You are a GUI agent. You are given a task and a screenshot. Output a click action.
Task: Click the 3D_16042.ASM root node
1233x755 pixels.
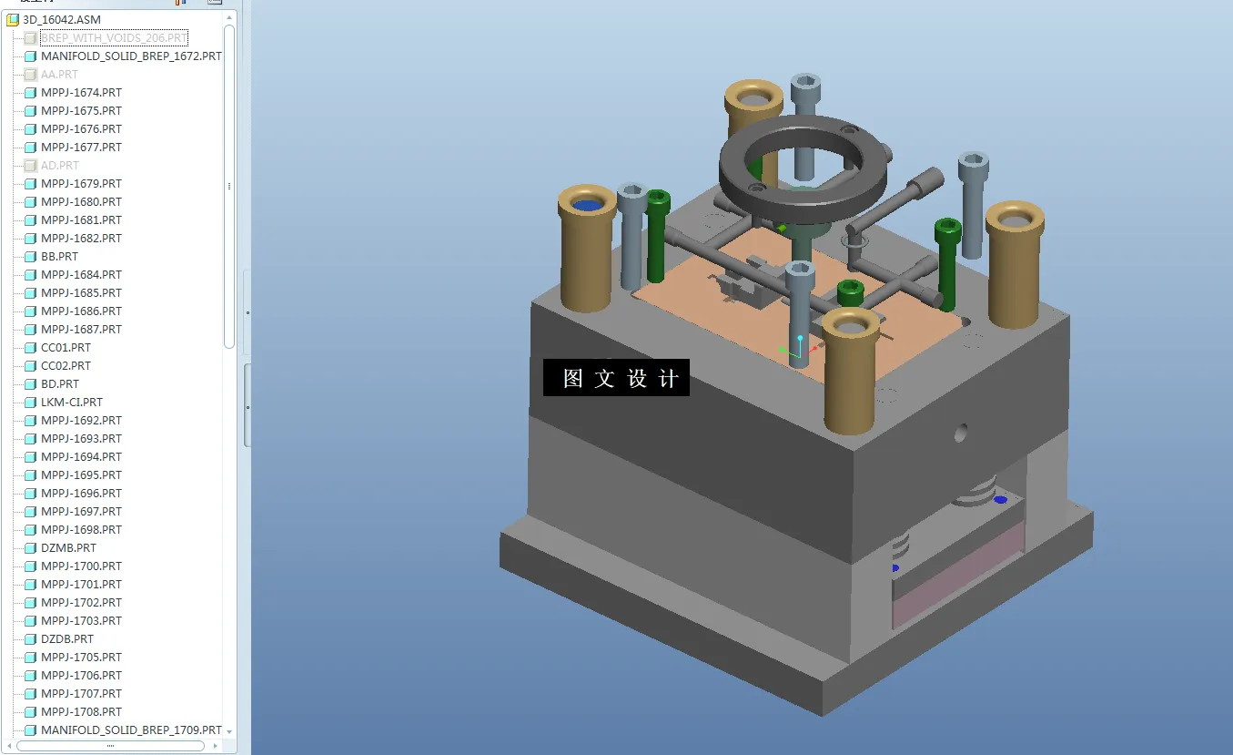pos(61,19)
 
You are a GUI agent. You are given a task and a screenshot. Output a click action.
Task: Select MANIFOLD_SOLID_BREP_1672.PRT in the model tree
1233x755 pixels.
pos(130,56)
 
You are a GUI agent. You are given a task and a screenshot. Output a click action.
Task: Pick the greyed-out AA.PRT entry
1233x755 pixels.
pos(59,74)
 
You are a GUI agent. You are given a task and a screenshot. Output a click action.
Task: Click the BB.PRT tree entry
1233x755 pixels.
pos(59,256)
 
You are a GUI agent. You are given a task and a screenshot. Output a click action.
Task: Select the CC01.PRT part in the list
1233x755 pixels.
pos(66,347)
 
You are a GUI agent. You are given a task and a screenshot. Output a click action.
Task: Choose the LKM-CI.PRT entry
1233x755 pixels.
pos(71,402)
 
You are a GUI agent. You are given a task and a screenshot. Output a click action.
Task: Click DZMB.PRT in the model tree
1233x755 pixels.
pos(68,547)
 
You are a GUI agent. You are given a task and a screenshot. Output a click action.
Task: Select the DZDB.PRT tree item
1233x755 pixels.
pos(66,638)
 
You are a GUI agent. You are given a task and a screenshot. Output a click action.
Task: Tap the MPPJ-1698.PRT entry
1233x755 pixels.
pos(81,529)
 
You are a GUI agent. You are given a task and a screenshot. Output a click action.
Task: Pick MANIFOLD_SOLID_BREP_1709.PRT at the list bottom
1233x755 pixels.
pos(130,729)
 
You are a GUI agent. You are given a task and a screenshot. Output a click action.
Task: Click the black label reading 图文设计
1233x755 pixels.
pos(616,378)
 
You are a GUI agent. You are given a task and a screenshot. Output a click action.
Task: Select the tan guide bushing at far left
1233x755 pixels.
pos(588,250)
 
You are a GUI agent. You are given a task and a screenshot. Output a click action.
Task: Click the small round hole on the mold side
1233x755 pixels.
pos(960,434)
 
